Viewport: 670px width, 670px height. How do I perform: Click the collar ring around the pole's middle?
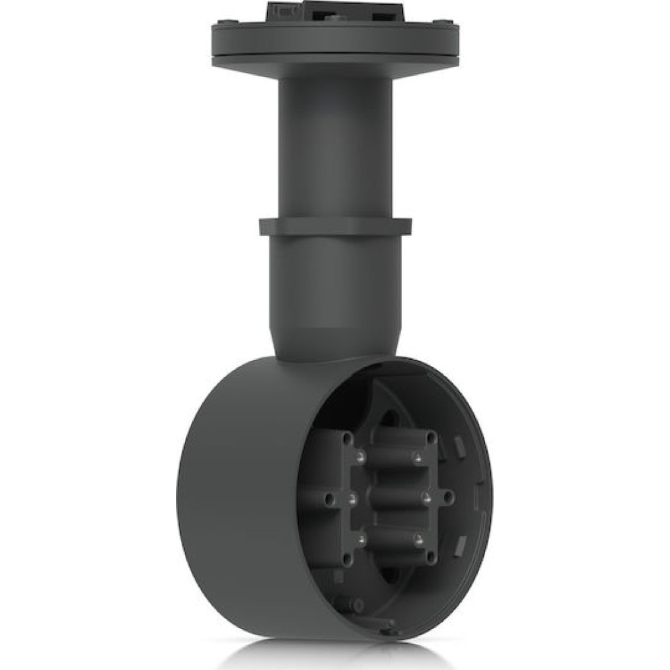coord(335,226)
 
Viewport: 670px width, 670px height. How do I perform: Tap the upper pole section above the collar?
coord(335,147)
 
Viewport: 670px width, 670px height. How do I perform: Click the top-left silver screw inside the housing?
coord(360,458)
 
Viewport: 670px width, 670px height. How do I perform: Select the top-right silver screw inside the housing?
coord(417,458)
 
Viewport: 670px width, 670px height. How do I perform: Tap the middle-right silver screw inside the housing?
coord(426,498)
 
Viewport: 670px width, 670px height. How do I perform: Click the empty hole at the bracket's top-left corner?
coord(347,438)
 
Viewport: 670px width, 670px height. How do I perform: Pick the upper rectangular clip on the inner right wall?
coord(459,445)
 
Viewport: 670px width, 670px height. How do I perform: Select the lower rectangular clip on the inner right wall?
coord(460,545)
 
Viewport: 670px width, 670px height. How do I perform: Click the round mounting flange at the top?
coord(335,40)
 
